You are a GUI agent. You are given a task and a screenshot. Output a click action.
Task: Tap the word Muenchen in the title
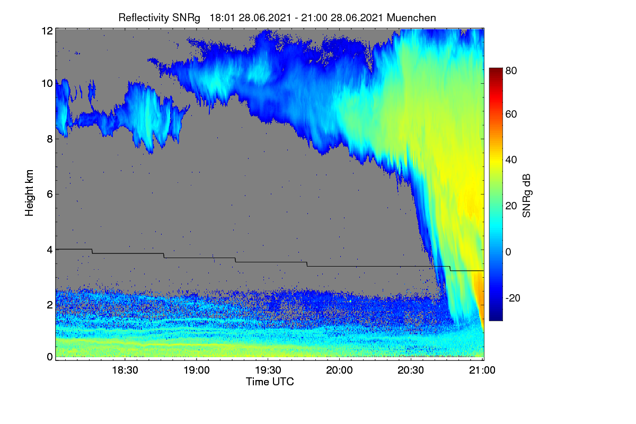pos(411,17)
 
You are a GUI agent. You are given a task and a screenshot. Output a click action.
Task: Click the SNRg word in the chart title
pos(186,18)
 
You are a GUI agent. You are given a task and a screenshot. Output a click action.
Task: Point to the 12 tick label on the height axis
pos(47,31)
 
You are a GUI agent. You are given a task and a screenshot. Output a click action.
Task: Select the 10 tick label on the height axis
pos(47,84)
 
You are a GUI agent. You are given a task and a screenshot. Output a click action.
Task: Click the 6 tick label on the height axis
pos(50,195)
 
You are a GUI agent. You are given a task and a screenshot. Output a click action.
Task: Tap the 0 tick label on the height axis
pos(50,357)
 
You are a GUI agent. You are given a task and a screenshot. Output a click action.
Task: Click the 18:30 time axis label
pos(125,370)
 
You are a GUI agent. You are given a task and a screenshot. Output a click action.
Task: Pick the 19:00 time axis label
pos(197,370)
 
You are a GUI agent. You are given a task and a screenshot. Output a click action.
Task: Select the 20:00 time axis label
pos(339,370)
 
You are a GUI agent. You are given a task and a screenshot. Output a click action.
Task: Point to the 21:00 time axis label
pos(482,370)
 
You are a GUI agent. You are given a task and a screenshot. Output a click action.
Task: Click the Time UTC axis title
pos(270,382)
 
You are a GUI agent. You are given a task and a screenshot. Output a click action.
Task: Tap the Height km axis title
pos(29,193)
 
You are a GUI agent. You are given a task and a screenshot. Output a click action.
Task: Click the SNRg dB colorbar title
pos(526,196)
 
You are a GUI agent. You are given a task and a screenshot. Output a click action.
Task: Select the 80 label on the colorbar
pos(511,70)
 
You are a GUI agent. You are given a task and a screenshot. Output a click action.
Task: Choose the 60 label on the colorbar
pos(511,114)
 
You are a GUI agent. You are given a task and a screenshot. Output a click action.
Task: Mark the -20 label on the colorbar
pos(513,298)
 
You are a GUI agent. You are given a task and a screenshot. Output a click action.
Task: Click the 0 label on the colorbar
pos(508,252)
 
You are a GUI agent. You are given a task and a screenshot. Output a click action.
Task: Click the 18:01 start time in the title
pos(222,17)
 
